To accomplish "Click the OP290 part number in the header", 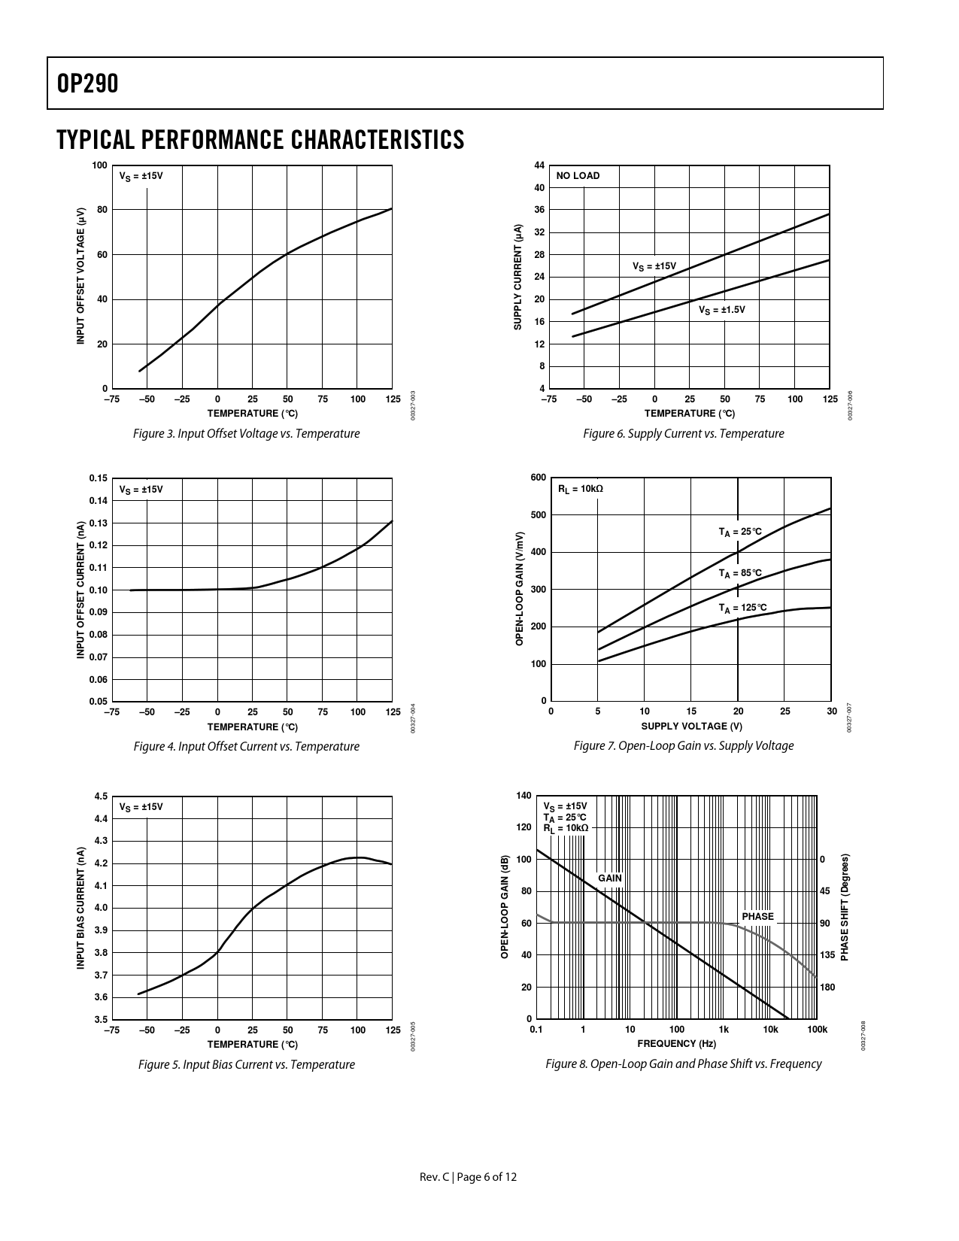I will (x=87, y=84).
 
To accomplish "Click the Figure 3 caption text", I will (x=246, y=434).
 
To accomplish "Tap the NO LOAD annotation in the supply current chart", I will (x=578, y=176).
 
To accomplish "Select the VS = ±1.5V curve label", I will (x=721, y=309).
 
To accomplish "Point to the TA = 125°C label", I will (x=742, y=608).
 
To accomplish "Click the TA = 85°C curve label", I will (x=740, y=573).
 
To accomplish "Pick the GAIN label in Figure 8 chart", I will (x=610, y=878).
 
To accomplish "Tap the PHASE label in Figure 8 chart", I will (x=757, y=916).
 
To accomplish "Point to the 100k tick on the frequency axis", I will (x=817, y=1030).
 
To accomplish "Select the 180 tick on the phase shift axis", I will (x=827, y=988).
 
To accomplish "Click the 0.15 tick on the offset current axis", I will (x=98, y=478).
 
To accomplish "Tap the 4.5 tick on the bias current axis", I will (x=101, y=796).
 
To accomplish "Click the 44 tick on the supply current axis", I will (x=539, y=165).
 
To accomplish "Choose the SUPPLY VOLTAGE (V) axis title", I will (x=691, y=726).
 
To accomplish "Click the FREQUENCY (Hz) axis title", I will (x=676, y=1043).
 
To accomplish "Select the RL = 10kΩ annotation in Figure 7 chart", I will (x=580, y=489).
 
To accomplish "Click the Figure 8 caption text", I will (x=683, y=1063).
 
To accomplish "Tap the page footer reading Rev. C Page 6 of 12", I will (x=468, y=1177).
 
